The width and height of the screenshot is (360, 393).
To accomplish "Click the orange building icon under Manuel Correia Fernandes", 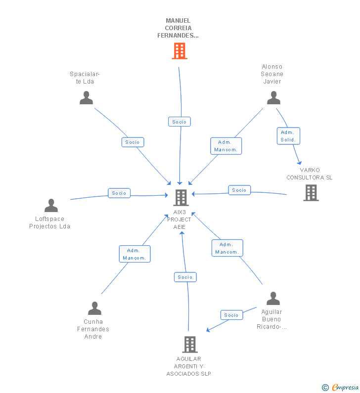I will pyautogui.click(x=180, y=51).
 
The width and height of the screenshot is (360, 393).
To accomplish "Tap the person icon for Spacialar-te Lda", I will pyautogui.click(x=87, y=97).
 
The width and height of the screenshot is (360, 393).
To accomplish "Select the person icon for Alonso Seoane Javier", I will pyautogui.click(x=273, y=97).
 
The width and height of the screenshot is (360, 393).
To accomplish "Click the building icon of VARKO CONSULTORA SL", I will pyautogui.click(x=311, y=193).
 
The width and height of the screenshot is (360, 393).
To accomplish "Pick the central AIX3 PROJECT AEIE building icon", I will pyautogui.click(x=181, y=198).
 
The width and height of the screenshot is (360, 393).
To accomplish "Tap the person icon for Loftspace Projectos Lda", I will pyautogui.click(x=51, y=205).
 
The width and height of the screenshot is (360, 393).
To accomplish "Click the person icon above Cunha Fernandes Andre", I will pyautogui.click(x=94, y=308).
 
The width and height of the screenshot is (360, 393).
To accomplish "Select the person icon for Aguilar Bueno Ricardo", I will pyautogui.click(x=273, y=299).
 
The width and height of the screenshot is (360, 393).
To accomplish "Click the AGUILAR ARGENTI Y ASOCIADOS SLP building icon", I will pyautogui.click(x=190, y=344).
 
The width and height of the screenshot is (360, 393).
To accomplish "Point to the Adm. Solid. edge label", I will pyautogui.click(x=288, y=136).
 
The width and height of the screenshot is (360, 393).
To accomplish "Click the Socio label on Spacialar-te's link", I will pyautogui.click(x=133, y=142).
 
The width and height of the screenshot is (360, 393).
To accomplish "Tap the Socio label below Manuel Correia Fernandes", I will pyautogui.click(x=179, y=122).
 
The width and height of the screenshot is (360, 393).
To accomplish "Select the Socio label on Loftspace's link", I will pyautogui.click(x=119, y=193).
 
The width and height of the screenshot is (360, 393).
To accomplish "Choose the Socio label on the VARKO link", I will pyautogui.click(x=239, y=190).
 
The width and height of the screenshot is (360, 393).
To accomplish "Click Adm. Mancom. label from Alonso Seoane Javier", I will pyautogui.click(x=226, y=146).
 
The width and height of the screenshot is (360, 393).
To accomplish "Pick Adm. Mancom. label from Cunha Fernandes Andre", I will pyautogui.click(x=135, y=254).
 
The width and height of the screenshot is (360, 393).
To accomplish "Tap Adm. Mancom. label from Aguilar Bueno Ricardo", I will pyautogui.click(x=227, y=248).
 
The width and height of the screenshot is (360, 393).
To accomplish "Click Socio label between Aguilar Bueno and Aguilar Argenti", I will pyautogui.click(x=231, y=315).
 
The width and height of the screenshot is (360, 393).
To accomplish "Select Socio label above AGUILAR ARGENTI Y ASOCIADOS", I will pyautogui.click(x=185, y=277).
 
